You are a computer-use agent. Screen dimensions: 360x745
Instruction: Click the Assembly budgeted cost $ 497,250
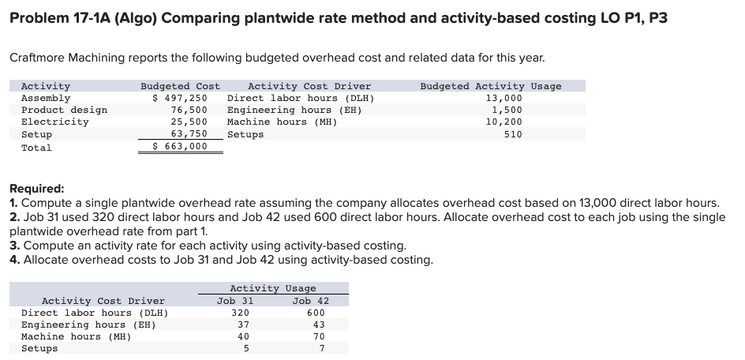(x=179, y=98)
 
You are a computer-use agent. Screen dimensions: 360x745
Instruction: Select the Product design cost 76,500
(x=189, y=110)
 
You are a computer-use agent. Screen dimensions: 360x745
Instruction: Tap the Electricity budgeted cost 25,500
(x=189, y=122)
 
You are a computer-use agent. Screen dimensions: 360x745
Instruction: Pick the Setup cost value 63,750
(x=189, y=134)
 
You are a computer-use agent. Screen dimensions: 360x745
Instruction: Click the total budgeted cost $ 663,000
(x=179, y=146)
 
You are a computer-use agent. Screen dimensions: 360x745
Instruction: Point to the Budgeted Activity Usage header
(x=490, y=86)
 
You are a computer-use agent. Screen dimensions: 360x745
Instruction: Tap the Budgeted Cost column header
(x=180, y=86)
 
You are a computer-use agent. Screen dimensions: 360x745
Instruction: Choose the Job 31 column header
(x=235, y=300)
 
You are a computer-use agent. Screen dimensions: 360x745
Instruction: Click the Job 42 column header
(x=310, y=300)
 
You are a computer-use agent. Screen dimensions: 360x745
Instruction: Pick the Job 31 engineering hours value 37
(x=243, y=324)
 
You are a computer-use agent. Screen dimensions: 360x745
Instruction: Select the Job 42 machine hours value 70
(x=318, y=336)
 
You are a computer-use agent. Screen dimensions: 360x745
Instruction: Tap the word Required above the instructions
(x=36, y=189)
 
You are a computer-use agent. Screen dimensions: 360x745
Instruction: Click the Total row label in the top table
(x=36, y=147)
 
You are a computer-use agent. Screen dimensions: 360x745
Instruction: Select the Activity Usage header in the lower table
(x=272, y=289)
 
